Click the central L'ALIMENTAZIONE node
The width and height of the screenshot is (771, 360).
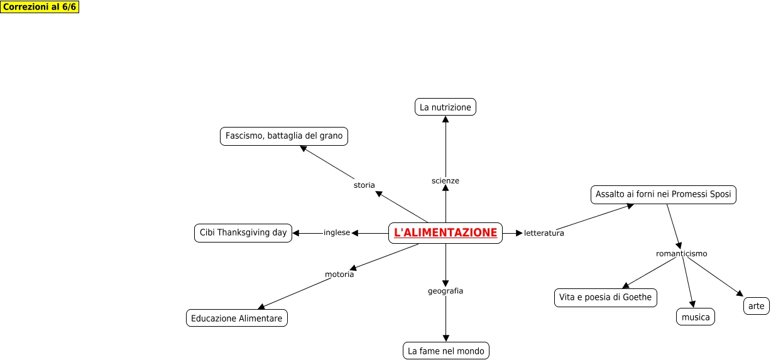tap(446, 233)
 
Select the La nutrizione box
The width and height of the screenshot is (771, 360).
tap(446, 107)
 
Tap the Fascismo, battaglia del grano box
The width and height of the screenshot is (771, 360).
tap(284, 136)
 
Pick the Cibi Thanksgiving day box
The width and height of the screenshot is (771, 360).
tap(243, 233)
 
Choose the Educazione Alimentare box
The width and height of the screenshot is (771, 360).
tap(237, 319)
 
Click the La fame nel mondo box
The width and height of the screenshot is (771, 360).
tap(446, 351)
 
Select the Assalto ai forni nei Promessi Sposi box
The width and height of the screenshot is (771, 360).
tap(664, 195)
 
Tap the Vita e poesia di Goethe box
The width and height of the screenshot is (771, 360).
tap(606, 298)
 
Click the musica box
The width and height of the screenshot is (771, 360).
tap(696, 317)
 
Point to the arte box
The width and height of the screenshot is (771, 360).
tap(757, 307)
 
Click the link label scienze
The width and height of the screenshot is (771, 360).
tap(446, 181)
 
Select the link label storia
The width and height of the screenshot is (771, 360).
tap(364, 185)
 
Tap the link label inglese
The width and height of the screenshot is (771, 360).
tap(337, 232)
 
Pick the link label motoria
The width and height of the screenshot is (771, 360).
tap(339, 275)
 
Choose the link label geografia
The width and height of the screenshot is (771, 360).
tap(446, 291)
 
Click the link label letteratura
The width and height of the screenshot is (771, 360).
tap(544, 233)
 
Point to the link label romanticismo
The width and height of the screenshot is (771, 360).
tap(682, 254)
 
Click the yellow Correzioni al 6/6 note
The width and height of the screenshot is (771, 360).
tap(40, 7)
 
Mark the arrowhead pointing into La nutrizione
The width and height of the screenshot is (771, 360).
tap(446, 120)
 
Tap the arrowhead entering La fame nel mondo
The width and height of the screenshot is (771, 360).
tap(446, 339)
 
